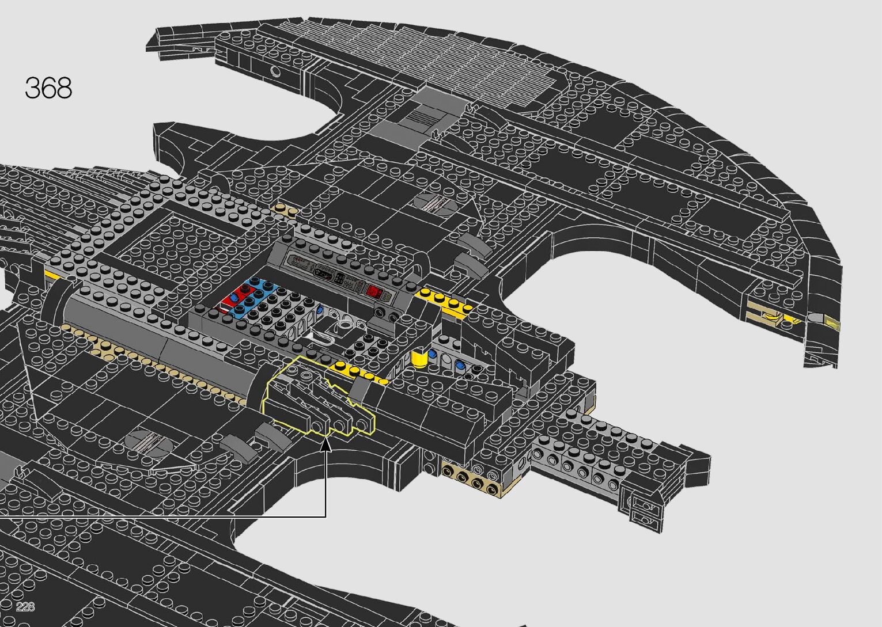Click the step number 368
coord(48,88)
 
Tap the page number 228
coord(26,607)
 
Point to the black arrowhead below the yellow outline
coord(326,444)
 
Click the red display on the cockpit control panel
coord(373,291)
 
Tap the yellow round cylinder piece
coord(420,360)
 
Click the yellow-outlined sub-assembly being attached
coord(317,397)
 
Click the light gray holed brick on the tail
coord(576,461)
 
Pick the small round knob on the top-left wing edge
coord(276,71)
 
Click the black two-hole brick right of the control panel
coord(387,314)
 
